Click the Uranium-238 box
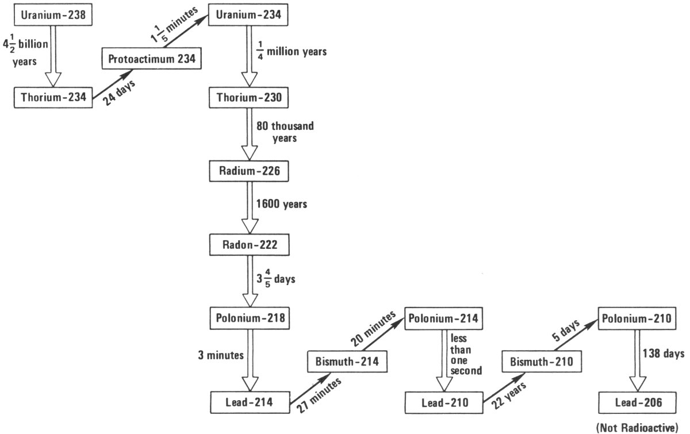coord(53,16)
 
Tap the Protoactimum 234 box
coord(151,58)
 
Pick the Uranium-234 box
coord(248,16)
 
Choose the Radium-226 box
coord(248,171)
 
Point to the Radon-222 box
coord(248,245)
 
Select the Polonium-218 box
coord(248,318)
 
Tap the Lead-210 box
coord(444,403)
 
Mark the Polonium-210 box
coord(637,318)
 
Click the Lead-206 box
coord(637,403)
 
